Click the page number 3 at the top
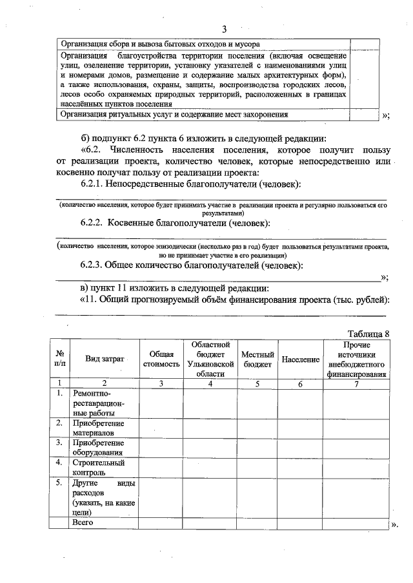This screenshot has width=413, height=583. point(224,29)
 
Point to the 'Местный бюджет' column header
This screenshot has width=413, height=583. point(257,359)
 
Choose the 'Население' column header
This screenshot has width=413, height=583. point(301,359)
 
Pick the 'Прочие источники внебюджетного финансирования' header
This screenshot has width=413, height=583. point(356,359)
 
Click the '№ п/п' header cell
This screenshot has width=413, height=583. point(59,359)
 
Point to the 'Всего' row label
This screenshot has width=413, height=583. point(83,522)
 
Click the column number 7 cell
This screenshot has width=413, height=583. point(356,383)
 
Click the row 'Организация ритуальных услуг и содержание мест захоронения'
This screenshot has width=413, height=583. point(173,114)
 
